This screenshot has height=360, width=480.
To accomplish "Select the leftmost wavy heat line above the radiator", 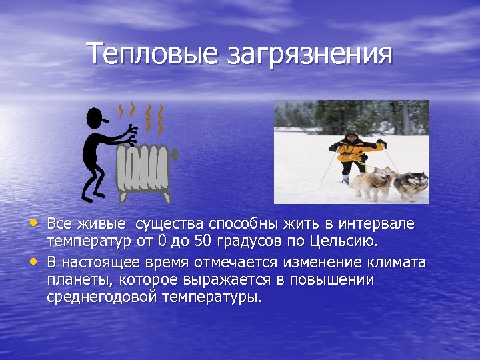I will tap(121, 111).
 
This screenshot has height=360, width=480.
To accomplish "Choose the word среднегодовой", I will tap(102, 297).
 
